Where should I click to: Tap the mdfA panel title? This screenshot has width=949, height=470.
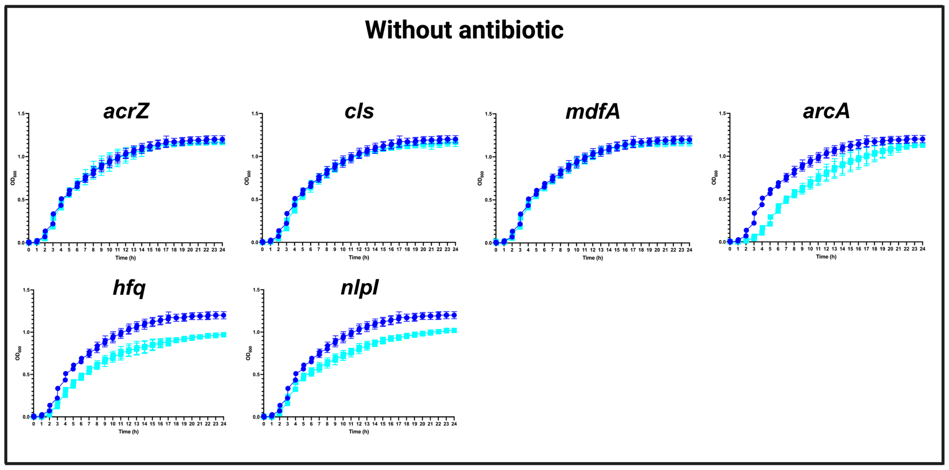[x=593, y=111]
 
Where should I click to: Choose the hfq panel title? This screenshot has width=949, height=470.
[x=129, y=288]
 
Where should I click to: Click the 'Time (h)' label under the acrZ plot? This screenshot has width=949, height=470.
[x=126, y=258]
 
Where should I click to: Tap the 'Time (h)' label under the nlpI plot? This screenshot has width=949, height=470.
[x=359, y=432]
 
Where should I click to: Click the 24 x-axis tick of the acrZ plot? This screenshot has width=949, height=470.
[x=222, y=250]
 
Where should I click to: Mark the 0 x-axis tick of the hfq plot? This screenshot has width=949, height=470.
[x=33, y=424]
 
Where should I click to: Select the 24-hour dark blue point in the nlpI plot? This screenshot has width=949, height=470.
[x=454, y=315]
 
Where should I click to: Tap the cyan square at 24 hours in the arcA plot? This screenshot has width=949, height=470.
[x=923, y=145]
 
